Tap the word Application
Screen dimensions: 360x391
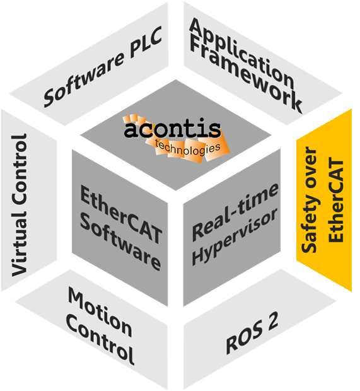tap(241, 53)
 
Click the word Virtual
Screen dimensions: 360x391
tap(19, 245)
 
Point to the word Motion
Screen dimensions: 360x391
tap(100, 312)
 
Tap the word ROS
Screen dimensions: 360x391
tap(245, 337)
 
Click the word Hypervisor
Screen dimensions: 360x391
tap(235, 236)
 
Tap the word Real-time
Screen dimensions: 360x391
tap(235, 212)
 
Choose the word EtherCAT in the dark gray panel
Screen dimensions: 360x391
tap(121, 214)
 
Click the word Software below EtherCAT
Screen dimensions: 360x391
tap(120, 242)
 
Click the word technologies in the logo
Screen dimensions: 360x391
tap(187, 149)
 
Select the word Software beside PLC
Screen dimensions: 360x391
tap(84, 79)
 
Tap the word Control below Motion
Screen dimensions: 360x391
tap(100, 340)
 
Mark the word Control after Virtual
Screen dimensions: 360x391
tap(19, 170)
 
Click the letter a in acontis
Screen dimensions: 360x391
tap(131, 129)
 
